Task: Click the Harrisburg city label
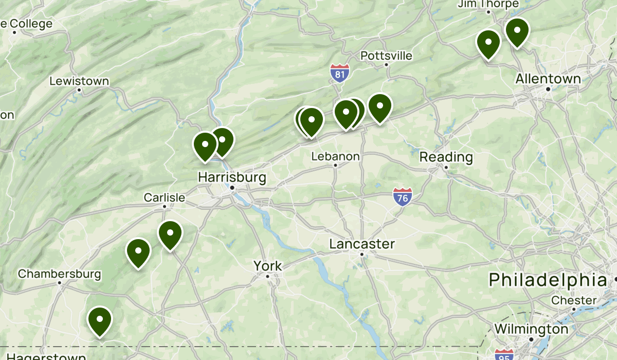point(232,177)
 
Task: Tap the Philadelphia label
point(548,280)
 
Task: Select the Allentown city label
point(548,79)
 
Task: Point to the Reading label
point(446,157)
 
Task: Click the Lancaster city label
point(362,244)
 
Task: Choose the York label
point(267,266)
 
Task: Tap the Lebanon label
point(336,156)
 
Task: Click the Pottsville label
point(386,56)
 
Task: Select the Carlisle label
point(164,197)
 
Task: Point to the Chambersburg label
point(59,274)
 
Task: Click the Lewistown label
point(79,81)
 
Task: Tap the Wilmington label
point(531,329)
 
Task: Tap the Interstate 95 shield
point(503,355)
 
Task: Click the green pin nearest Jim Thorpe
point(517,32)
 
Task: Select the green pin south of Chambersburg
point(100,320)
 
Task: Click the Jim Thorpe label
point(488,4)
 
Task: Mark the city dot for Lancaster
point(362,254)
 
